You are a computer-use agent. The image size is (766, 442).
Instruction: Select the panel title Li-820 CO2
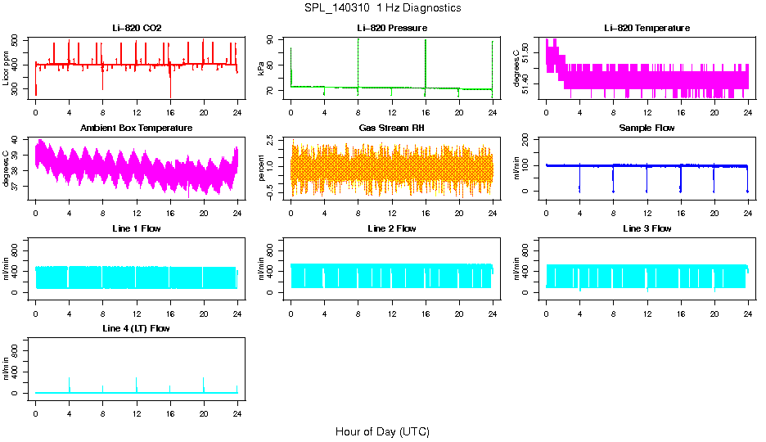coord(137,28)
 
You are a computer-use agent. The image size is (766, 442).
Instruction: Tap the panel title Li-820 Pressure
coord(392,28)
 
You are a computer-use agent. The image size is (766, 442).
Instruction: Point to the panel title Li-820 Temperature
coord(647,28)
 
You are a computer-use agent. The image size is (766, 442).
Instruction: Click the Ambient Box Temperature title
coord(137,128)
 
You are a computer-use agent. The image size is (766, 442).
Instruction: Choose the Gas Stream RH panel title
coord(392,128)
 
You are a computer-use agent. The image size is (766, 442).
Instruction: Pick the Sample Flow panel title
coord(647,128)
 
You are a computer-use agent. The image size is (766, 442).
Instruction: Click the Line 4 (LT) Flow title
coord(137,327)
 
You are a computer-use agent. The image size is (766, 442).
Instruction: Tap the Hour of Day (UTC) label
coord(382,431)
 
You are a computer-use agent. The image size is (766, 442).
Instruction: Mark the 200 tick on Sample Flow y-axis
coord(527,139)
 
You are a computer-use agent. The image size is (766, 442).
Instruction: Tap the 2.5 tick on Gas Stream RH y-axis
coord(272,144)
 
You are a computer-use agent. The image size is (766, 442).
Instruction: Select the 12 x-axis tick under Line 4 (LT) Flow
coord(137,404)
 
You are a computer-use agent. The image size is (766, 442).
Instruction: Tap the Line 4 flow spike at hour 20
coord(204,383)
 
